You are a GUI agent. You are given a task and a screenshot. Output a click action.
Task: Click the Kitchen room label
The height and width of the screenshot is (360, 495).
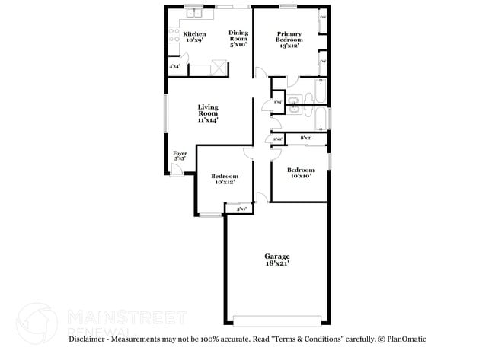(194, 37)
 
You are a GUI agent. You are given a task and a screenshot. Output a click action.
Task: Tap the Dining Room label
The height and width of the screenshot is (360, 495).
(238, 39)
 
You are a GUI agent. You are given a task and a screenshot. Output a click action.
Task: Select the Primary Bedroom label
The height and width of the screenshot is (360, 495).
(288, 40)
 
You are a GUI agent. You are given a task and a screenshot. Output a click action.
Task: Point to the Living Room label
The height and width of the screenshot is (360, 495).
(208, 113)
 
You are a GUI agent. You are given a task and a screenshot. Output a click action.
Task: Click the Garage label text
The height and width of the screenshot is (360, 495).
(277, 260)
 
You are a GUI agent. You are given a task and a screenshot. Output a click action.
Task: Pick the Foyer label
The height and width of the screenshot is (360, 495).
(180, 157)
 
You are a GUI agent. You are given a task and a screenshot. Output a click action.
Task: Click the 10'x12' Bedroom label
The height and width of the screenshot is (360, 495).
(224, 179)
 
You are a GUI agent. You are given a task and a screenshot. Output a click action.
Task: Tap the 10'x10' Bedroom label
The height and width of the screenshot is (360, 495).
(300, 173)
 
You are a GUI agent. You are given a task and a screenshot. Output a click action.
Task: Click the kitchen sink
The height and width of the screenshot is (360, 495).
(193, 12)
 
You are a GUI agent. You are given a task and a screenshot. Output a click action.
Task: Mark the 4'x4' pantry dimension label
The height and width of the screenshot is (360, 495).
(174, 66)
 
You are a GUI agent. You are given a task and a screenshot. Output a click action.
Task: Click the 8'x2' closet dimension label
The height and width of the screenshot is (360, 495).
(307, 138)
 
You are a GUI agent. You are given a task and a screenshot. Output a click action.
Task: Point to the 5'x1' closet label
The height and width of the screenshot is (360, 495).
(241, 208)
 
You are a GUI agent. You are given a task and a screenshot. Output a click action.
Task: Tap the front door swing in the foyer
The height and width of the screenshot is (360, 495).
(176, 171)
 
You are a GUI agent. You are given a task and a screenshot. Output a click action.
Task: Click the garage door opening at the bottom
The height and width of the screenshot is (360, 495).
(277, 320)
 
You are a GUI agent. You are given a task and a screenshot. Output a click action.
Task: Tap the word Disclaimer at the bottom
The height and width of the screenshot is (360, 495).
(89, 339)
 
